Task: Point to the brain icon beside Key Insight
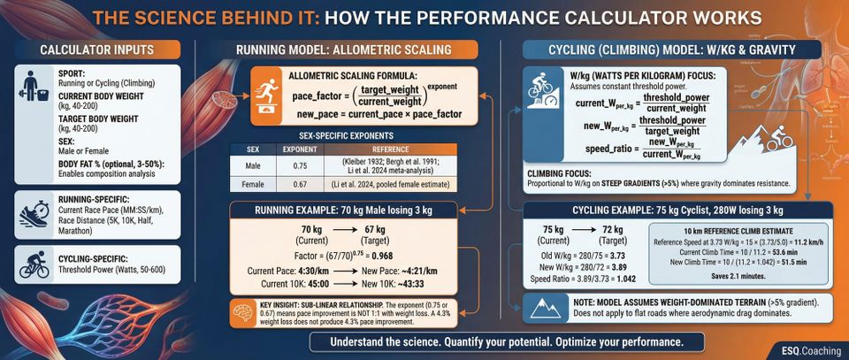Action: tap(241, 313)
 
